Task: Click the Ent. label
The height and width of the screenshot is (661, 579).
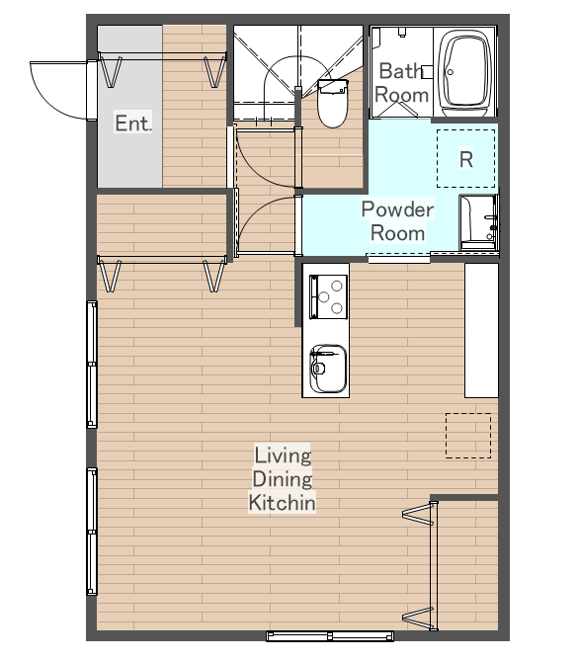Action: pyautogui.click(x=132, y=124)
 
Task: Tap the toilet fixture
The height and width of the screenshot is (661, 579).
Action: pyautogui.click(x=333, y=104)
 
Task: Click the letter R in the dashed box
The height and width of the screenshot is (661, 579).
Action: pyautogui.click(x=466, y=159)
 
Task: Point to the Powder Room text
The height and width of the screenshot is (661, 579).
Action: pyautogui.click(x=397, y=221)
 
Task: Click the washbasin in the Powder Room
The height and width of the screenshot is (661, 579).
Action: pyautogui.click(x=478, y=222)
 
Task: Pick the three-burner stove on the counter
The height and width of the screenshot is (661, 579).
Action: pyautogui.click(x=328, y=296)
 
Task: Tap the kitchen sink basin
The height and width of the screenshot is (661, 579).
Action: pyautogui.click(x=328, y=369)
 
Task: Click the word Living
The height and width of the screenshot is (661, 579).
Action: pyautogui.click(x=283, y=455)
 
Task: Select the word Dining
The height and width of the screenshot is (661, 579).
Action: pyautogui.click(x=283, y=479)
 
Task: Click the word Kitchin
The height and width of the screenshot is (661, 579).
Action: pyautogui.click(x=282, y=503)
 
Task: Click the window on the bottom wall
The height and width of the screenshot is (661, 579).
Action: pyautogui.click(x=330, y=635)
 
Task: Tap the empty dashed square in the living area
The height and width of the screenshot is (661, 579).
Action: pyautogui.click(x=468, y=436)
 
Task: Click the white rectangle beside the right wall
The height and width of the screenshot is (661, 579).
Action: pyautogui.click(x=481, y=330)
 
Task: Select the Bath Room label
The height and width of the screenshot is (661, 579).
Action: pyautogui.click(x=402, y=83)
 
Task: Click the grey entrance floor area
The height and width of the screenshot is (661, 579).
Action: pyautogui.click(x=129, y=107)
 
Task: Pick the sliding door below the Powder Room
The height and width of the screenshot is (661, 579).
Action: pyautogui.click(x=399, y=258)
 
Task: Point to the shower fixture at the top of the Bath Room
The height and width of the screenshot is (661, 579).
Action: pyautogui.click(x=402, y=32)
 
